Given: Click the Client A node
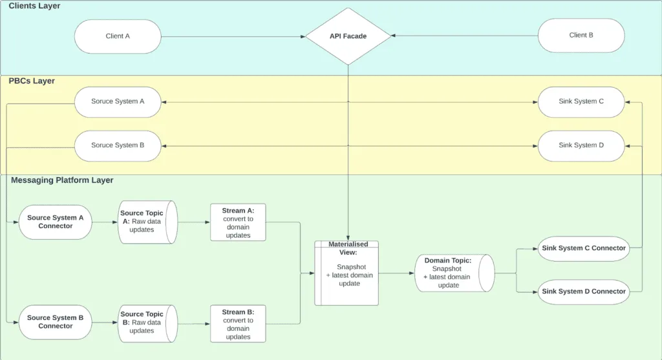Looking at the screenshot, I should point(118,36).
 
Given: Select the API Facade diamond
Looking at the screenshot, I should point(348,36).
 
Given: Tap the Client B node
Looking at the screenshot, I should point(581,36).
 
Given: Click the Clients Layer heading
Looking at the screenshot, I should point(34,6).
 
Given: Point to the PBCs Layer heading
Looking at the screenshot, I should point(32,81).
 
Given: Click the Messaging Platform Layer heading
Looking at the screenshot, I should point(62,180).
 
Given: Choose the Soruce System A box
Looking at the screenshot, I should point(118,101).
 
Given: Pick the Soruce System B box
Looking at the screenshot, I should point(118,145).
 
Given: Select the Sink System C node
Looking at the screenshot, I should point(581,101).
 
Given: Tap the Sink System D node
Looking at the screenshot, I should point(581,145).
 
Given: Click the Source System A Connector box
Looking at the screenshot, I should point(56,222).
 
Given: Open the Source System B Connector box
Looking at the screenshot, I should point(56,322).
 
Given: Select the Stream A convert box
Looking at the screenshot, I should point(238,222).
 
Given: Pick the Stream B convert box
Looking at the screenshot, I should point(238,324).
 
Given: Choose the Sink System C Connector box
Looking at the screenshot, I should point(583,248).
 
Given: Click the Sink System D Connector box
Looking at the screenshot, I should point(583,291).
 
